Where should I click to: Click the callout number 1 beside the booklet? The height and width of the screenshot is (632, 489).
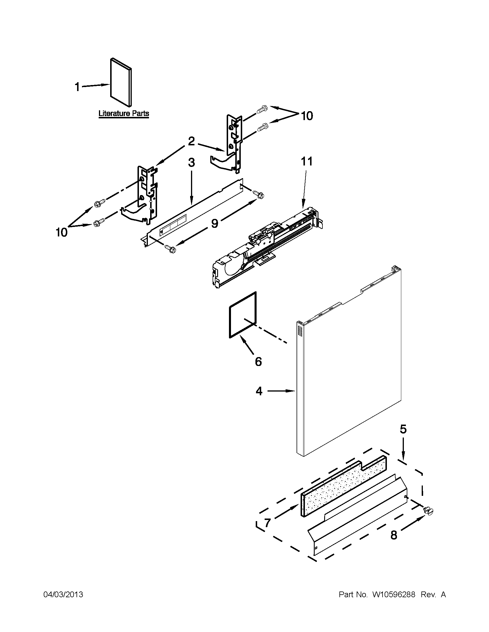pos(77,86)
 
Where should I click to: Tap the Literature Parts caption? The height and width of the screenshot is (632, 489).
pos(124,113)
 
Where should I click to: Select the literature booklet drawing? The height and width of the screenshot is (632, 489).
pos(121,82)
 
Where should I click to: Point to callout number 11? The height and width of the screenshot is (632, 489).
pos(307,161)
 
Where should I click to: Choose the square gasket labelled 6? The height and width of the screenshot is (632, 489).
pos(243,315)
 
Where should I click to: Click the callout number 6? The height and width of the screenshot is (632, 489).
pos(258,361)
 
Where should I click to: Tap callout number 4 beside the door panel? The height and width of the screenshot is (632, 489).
pos(259,391)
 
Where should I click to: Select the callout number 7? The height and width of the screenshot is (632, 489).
pos(267,523)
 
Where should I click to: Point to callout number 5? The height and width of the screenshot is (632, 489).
pos(403,429)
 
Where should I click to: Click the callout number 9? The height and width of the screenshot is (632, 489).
pos(214,223)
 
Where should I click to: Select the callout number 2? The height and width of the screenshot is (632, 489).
pos(191,142)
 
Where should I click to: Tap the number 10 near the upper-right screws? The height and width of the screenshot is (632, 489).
pos(307,116)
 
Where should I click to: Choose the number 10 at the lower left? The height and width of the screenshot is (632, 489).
pos(62,232)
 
